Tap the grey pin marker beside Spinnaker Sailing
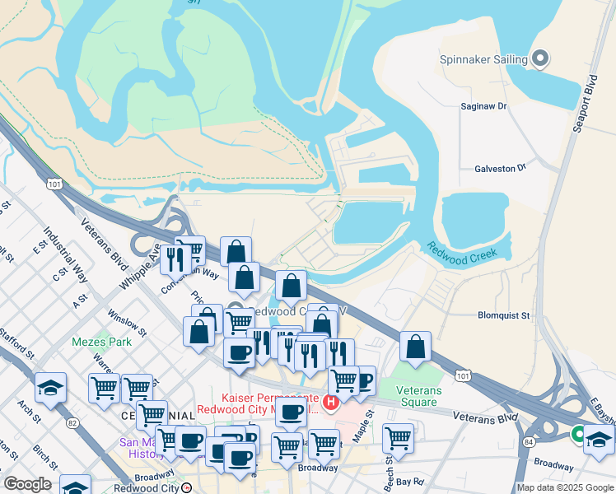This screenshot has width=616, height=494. (x=540, y=58)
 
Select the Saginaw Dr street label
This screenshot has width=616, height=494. (x=483, y=106)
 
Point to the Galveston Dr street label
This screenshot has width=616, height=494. (x=500, y=168)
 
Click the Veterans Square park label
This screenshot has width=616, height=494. (x=417, y=396)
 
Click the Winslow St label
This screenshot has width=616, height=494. (x=126, y=324)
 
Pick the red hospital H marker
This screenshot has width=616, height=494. (x=331, y=403)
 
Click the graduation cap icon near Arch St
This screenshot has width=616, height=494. (x=50, y=387)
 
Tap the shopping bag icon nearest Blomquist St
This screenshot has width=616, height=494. (x=416, y=346)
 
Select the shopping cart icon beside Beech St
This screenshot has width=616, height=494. (x=398, y=436)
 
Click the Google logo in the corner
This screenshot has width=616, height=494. (x=27, y=484)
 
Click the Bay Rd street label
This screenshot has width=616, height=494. (x=408, y=481)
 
